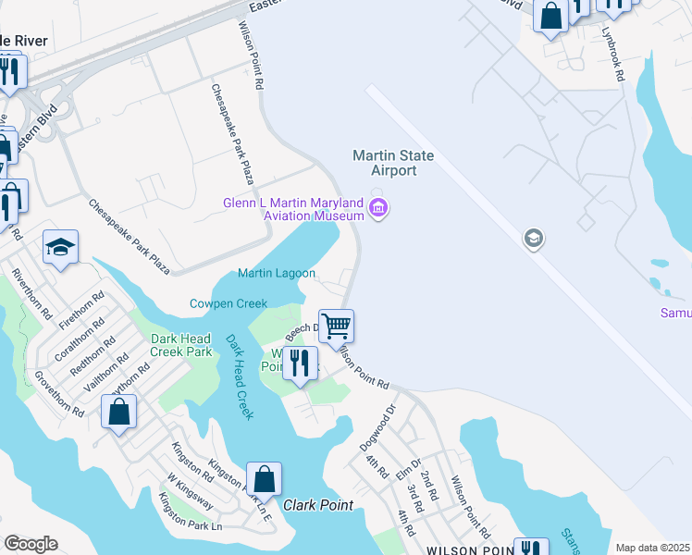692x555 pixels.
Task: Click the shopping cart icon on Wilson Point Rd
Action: (338, 325)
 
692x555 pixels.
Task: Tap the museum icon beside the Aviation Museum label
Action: (377, 209)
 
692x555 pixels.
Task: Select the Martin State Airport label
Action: (393, 163)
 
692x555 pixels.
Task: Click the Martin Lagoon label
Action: (277, 273)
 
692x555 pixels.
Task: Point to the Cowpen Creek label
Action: (229, 303)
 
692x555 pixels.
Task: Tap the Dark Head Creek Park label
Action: (181, 345)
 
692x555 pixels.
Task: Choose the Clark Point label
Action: (318, 505)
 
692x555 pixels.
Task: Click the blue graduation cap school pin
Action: (60, 247)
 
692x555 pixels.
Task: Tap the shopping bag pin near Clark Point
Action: (264, 479)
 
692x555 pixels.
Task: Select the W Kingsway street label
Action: (191, 492)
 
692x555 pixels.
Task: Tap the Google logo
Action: (31, 544)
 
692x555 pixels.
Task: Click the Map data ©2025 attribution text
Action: (652, 548)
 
